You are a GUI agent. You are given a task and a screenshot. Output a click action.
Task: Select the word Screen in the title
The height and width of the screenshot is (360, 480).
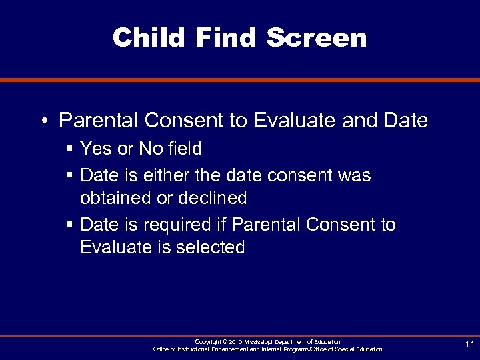coord(317,37)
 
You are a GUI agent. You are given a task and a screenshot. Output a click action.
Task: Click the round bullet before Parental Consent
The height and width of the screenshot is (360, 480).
coord(43,121)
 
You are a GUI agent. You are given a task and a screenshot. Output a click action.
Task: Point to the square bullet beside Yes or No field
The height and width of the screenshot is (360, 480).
coord(69,148)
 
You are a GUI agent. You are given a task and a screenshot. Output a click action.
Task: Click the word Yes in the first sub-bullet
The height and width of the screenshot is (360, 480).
coord(95,147)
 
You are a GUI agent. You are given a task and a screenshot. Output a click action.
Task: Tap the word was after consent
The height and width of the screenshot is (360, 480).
coord(354,175)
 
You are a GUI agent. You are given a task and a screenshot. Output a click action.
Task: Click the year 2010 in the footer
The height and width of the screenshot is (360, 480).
coord(235,342)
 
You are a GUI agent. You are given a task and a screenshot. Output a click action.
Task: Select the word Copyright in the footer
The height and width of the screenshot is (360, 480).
coord(207,342)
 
